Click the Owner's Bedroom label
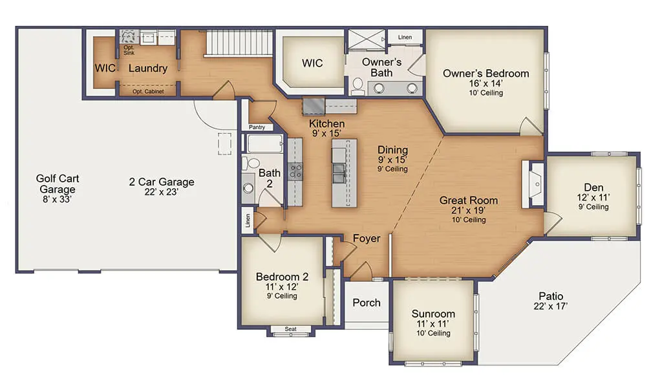click(x=486, y=74)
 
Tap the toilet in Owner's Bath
click(x=358, y=86)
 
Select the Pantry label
click(x=257, y=127)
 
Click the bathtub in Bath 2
click(x=264, y=144)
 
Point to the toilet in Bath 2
click(x=252, y=162)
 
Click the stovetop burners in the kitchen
click(x=295, y=171)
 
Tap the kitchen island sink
click(x=339, y=174)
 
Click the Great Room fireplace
click(x=533, y=184)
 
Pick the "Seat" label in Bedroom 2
click(x=290, y=329)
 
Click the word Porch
click(x=367, y=303)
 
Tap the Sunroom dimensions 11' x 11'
click(x=432, y=324)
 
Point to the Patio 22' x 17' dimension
click(x=551, y=306)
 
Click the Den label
click(x=593, y=187)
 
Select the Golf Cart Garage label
click(x=58, y=184)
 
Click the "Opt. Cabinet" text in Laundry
click(x=148, y=91)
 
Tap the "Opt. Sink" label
click(x=129, y=50)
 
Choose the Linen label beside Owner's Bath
click(x=405, y=37)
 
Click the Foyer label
click(x=367, y=239)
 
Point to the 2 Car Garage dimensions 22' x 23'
click(x=161, y=191)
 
